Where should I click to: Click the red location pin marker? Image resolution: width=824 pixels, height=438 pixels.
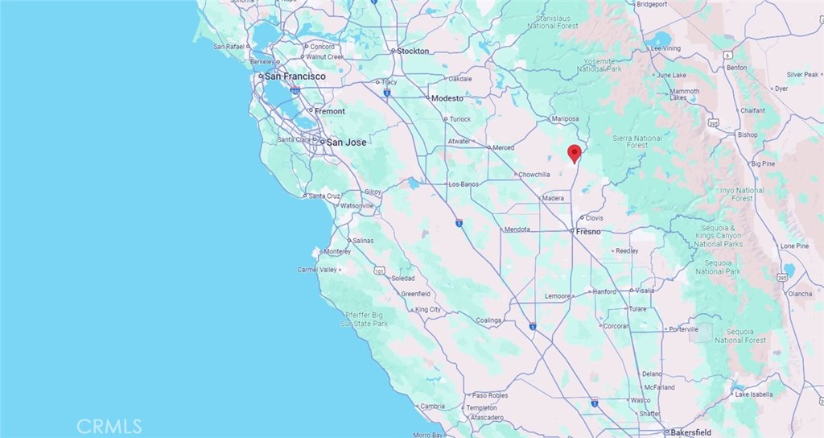point(574,153)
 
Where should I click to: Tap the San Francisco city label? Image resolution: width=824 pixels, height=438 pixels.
point(295,76)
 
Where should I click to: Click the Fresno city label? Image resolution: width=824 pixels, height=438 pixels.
point(589,232)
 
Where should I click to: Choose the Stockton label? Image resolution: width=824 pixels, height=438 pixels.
point(414,52)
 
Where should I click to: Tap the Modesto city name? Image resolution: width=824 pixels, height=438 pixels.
point(447,98)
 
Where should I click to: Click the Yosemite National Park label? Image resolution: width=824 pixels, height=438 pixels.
point(600,64)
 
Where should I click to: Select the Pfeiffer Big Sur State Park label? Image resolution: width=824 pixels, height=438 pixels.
point(364,319)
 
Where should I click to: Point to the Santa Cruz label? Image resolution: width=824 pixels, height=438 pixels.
point(326,196)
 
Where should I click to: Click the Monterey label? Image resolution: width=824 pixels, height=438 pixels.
point(337,251)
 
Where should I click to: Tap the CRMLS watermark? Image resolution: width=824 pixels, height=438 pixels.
point(109,426)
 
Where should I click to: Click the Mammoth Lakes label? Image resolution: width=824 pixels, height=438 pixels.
point(684,95)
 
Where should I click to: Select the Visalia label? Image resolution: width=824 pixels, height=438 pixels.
point(645,290)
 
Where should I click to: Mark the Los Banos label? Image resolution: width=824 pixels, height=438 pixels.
point(463,184)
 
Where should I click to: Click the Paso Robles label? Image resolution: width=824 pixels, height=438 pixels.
point(490,395)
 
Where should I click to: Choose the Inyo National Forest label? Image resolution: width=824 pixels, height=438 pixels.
point(742,194)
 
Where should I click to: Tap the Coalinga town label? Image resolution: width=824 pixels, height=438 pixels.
point(488,320)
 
